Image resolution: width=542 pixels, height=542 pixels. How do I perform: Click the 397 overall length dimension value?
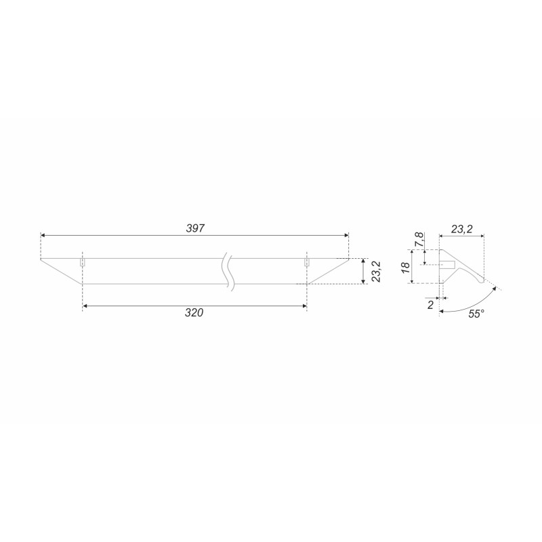coord(195,228)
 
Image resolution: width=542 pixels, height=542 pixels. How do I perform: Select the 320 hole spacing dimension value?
coord(194,313)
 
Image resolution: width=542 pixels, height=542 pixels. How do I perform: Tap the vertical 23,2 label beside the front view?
coord(376,272)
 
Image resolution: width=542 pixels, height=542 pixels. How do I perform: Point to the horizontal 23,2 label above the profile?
coord(462,229)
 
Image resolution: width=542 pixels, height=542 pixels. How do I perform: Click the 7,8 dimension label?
coord(419,239)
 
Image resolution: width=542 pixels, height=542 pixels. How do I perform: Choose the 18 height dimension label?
coord(406,267)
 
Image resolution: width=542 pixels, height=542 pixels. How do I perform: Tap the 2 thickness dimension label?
coord(430,305)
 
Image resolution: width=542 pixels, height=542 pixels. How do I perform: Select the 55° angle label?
coord(476,314)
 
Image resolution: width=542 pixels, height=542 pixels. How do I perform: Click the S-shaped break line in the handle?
coord(228,272)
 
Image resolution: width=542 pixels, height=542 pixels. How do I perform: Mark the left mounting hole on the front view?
coord(82,263)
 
